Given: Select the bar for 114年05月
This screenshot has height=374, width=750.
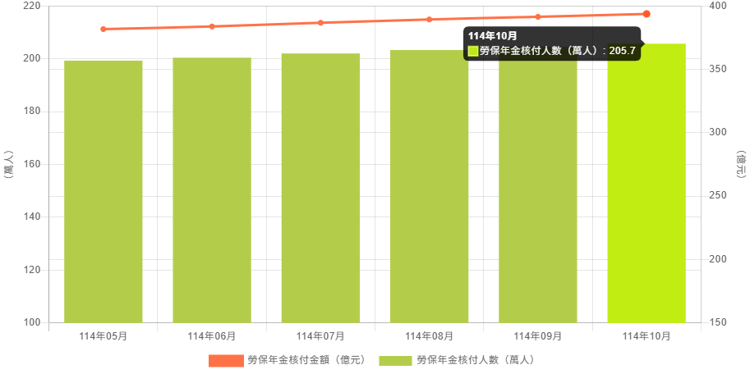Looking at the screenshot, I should pyautogui.click(x=104, y=191).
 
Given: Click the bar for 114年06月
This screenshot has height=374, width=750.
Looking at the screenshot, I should pyautogui.click(x=212, y=189).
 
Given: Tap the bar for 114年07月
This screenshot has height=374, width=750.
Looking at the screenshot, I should pyautogui.click(x=320, y=188).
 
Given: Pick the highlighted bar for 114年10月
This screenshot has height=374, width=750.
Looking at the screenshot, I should pyautogui.click(x=646, y=183).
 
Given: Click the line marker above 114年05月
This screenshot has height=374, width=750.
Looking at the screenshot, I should pyautogui.click(x=104, y=29).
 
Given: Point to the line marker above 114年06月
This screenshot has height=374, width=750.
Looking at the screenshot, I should pyautogui.click(x=212, y=26).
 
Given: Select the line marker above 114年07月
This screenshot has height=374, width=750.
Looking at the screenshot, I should pyautogui.click(x=320, y=23).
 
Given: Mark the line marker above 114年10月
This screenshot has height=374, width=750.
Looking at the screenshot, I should pyautogui.click(x=646, y=14).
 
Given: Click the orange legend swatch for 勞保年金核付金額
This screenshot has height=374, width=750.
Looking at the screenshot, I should pyautogui.click(x=226, y=360).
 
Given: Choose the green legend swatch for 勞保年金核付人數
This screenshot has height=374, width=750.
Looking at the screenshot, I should pyautogui.click(x=395, y=360).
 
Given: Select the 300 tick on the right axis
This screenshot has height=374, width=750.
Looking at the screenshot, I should pyautogui.click(x=718, y=132).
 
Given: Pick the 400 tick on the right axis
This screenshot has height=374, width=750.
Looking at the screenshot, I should pyautogui.click(x=718, y=6).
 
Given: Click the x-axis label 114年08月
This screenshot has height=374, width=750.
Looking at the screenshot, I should pyautogui.click(x=429, y=336).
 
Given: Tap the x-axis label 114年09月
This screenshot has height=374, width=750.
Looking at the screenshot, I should pyautogui.click(x=538, y=336).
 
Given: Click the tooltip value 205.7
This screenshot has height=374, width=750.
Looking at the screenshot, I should pyautogui.click(x=622, y=51).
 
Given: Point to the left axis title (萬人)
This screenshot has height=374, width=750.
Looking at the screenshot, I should pyautogui.click(x=8, y=164).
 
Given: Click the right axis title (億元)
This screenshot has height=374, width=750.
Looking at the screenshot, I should pyautogui.click(x=741, y=164).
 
